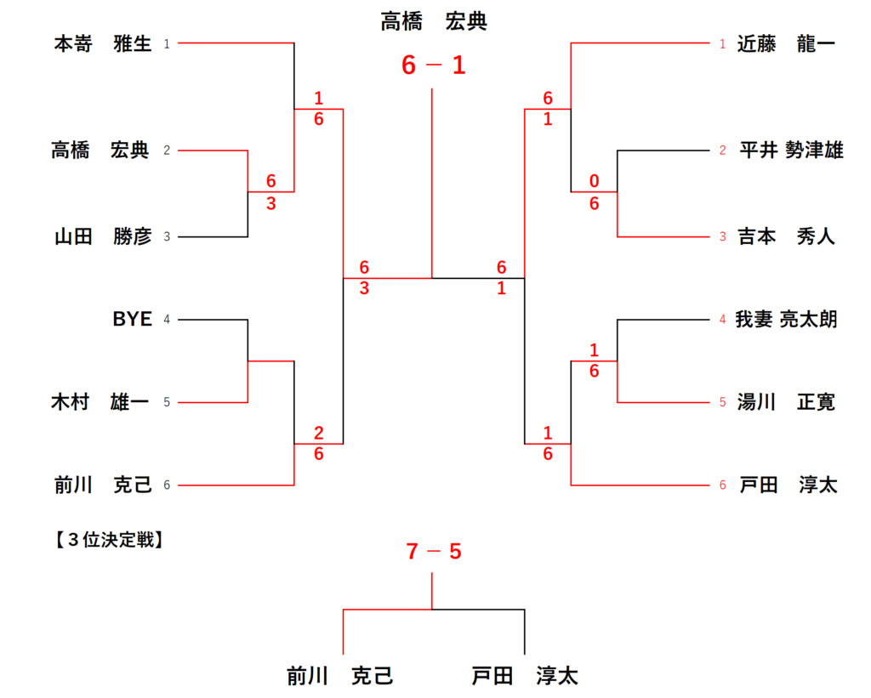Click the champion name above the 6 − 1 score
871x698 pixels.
434,21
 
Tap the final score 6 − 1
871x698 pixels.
434,65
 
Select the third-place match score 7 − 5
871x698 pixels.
434,552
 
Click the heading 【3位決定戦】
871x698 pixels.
106,538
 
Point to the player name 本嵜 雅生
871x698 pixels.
102,43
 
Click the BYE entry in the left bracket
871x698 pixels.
132,320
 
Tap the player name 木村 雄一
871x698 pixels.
100,402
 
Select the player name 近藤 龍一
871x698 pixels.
786,43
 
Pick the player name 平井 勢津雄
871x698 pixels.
790,150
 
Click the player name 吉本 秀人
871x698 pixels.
786,236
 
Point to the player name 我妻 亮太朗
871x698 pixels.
786,320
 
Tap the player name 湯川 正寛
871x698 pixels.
786,402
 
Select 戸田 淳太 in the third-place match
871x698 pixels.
525,677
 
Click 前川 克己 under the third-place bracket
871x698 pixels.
340,677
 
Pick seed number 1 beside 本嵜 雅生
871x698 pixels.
167,43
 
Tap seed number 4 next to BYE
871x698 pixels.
167,320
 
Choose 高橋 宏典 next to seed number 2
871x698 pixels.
100,150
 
